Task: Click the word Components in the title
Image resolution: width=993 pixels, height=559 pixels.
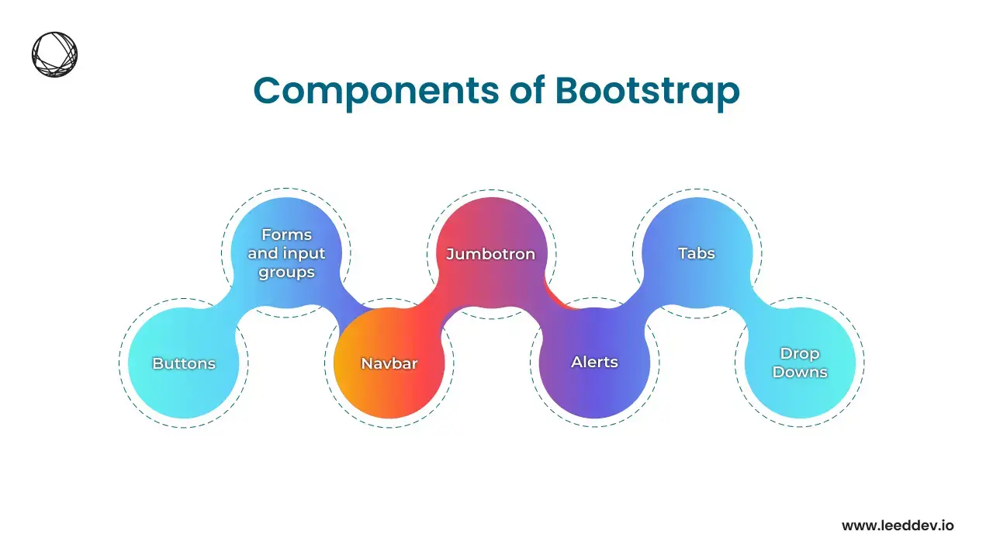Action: (x=376, y=92)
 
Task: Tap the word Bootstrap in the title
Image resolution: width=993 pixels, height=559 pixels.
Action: (x=647, y=92)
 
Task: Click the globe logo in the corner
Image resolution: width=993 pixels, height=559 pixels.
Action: (x=54, y=54)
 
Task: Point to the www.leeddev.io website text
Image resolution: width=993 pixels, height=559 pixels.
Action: (x=898, y=526)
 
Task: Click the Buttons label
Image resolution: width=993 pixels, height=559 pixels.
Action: (x=184, y=363)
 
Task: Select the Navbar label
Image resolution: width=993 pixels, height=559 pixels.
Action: (x=389, y=363)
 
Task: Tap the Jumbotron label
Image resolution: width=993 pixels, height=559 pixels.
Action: (x=491, y=254)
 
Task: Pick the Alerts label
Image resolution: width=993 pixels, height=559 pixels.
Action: (x=594, y=362)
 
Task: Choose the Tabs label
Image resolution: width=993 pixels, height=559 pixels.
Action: (x=697, y=253)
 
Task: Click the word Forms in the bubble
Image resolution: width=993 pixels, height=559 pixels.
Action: (x=286, y=234)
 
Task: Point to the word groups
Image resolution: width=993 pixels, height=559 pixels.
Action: (x=286, y=273)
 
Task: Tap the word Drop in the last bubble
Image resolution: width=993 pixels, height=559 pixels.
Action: (x=800, y=354)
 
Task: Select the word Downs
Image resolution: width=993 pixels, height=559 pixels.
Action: (x=800, y=372)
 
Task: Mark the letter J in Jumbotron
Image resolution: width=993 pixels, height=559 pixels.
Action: (x=451, y=254)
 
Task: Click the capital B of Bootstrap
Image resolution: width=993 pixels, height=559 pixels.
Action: (x=569, y=91)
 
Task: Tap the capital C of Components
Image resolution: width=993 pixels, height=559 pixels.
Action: (x=268, y=91)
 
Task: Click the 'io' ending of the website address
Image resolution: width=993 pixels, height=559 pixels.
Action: (x=947, y=526)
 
